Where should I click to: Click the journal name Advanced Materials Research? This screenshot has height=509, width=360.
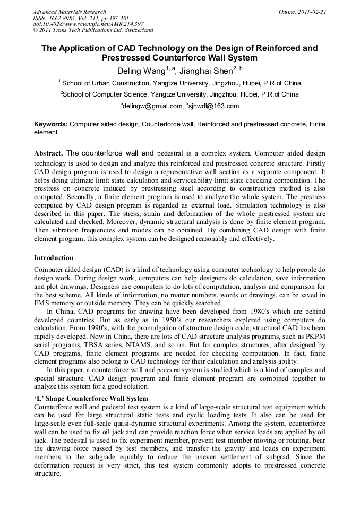[69, 12]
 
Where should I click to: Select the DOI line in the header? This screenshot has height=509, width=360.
[88, 24]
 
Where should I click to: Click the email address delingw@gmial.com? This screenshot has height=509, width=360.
[152, 106]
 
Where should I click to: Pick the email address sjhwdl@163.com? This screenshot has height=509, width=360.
[214, 106]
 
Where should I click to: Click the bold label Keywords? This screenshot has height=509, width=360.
[51, 124]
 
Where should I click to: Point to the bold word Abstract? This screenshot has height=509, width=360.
[48, 153]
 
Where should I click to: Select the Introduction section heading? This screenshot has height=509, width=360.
[54, 258]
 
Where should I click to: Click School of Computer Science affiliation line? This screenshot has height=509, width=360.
[179, 94]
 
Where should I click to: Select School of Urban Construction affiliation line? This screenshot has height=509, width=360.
[179, 83]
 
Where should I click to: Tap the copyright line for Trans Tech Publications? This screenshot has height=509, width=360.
[93, 30]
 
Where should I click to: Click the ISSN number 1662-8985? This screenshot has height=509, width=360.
[63, 18]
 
